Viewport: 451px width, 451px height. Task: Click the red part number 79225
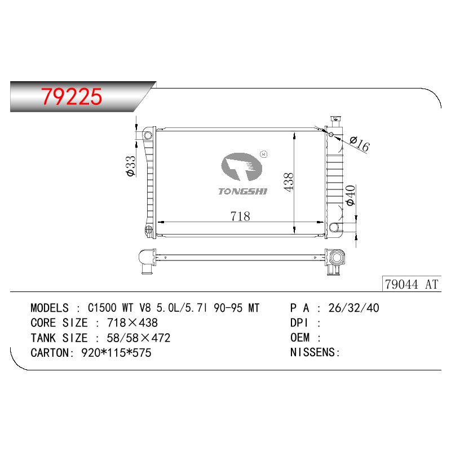(72, 96)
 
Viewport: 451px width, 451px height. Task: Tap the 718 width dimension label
(240, 216)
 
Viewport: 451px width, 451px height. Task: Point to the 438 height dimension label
(288, 182)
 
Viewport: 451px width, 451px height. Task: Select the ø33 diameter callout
(130, 166)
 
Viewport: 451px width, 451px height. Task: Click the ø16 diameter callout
(360, 144)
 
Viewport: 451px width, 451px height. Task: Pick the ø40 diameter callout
(351, 196)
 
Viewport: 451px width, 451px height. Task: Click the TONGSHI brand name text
(243, 191)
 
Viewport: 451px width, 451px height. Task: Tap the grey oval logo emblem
(242, 167)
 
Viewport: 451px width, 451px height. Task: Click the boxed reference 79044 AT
(412, 284)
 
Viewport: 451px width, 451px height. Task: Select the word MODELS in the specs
(50, 308)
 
